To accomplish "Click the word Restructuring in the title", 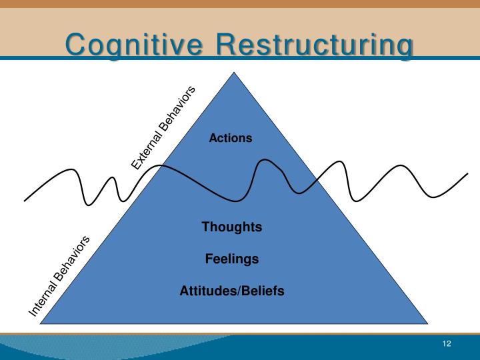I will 315,45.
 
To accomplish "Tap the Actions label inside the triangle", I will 231,138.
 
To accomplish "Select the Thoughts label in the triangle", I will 232,227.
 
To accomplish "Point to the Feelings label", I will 232,259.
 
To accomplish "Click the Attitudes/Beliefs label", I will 232,291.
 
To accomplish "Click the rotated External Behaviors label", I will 164,127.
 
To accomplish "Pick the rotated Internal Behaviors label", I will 59,276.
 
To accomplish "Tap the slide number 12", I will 446,343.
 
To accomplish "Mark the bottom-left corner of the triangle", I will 41,323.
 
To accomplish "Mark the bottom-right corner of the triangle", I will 427,323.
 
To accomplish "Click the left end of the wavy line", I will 25,200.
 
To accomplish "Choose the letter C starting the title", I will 75,45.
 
